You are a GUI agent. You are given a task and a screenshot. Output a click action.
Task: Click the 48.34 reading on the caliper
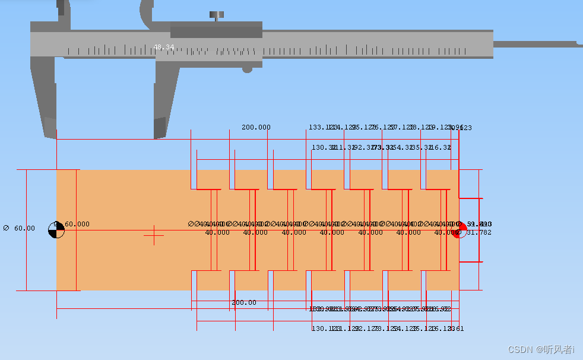pyautogui.click(x=164, y=47)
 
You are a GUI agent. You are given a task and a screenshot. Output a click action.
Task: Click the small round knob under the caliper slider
pyautogui.click(x=247, y=69)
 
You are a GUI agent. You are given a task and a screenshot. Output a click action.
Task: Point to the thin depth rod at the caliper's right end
pyautogui.click(x=534, y=44)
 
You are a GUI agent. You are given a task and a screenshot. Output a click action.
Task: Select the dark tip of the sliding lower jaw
pyautogui.click(x=159, y=127)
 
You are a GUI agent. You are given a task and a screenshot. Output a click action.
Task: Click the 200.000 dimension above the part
pyautogui.click(x=256, y=127)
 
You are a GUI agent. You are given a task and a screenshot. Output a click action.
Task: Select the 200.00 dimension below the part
pyautogui.click(x=244, y=302)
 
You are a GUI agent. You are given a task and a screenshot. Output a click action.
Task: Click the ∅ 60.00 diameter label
pyautogui.click(x=19, y=228)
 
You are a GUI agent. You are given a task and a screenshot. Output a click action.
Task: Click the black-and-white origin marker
pyautogui.click(x=56, y=230)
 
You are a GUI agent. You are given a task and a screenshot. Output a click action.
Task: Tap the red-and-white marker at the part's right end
pyautogui.click(x=458, y=230)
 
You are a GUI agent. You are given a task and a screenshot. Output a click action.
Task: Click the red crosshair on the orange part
pyautogui.click(x=154, y=235)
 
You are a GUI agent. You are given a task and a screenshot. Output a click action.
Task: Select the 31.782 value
pyautogui.click(x=479, y=232)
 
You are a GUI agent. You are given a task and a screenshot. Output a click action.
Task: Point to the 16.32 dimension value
pyautogui.click(x=441, y=147)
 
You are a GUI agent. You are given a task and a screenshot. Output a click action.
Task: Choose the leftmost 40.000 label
pyautogui.click(x=217, y=232)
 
